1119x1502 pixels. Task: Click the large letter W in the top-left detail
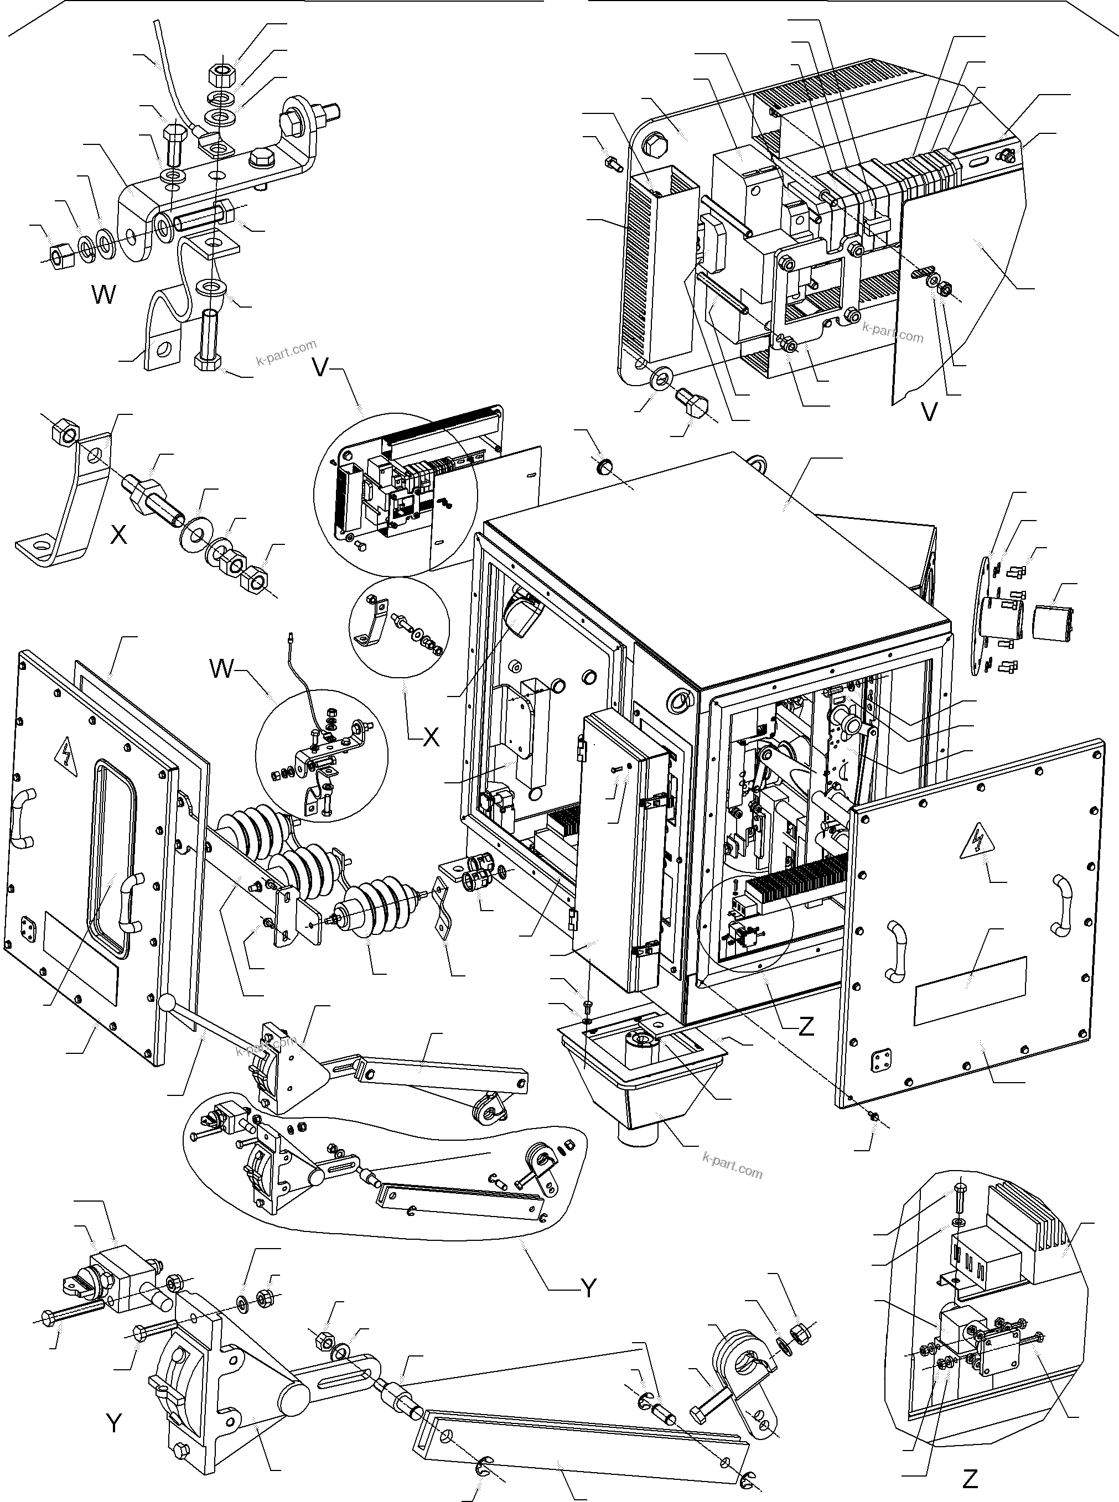[x=103, y=294]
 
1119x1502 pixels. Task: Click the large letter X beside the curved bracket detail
[x=118, y=534]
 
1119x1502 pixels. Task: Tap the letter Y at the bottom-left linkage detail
[x=114, y=1423]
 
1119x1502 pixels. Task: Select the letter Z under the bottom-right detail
[x=970, y=1479]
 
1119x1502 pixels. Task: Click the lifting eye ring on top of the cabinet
[x=757, y=462]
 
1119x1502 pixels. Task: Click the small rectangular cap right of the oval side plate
[x=1053, y=623]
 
